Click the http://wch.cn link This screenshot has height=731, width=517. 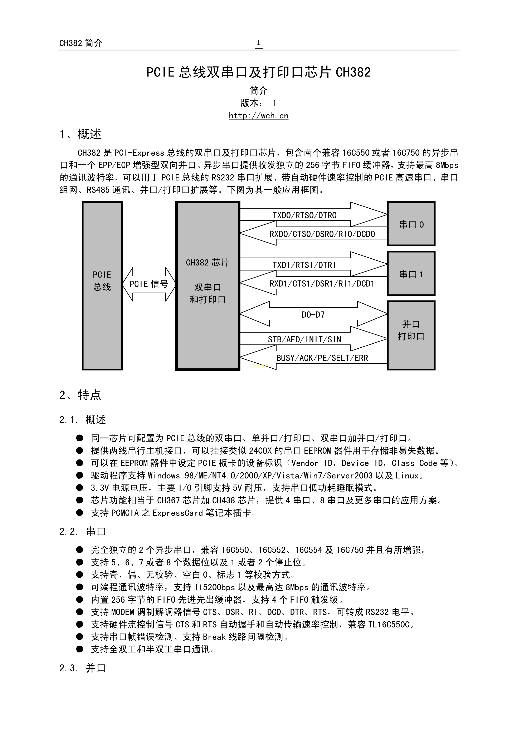258,116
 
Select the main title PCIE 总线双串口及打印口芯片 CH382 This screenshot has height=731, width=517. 258,72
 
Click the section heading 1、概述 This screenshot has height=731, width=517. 80,134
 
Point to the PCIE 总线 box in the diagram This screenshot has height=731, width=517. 102,286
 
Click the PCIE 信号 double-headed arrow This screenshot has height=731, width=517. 149,284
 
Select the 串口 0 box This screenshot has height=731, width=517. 411,224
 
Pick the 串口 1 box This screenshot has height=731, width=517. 411,274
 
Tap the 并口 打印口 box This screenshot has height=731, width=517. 411,335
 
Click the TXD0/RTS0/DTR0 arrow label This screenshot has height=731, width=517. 304,215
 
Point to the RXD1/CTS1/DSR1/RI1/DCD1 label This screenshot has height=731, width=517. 322,284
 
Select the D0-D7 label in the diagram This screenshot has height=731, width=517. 313,315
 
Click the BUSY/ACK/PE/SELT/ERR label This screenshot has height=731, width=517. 322,358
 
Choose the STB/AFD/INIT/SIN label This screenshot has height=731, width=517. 304,340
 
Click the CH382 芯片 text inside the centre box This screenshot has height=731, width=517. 207,263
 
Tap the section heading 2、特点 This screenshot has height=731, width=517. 80,395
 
